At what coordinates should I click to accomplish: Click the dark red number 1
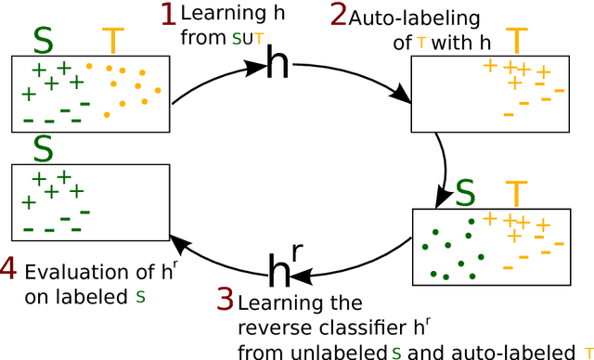click(168, 15)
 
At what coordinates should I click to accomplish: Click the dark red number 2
click(338, 17)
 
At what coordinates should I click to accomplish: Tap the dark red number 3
click(226, 299)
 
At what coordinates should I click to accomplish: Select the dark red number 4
click(8, 271)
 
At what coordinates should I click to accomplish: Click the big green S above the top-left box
click(43, 40)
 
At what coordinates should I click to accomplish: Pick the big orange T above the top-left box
click(112, 40)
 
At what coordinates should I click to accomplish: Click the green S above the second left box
click(43, 147)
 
